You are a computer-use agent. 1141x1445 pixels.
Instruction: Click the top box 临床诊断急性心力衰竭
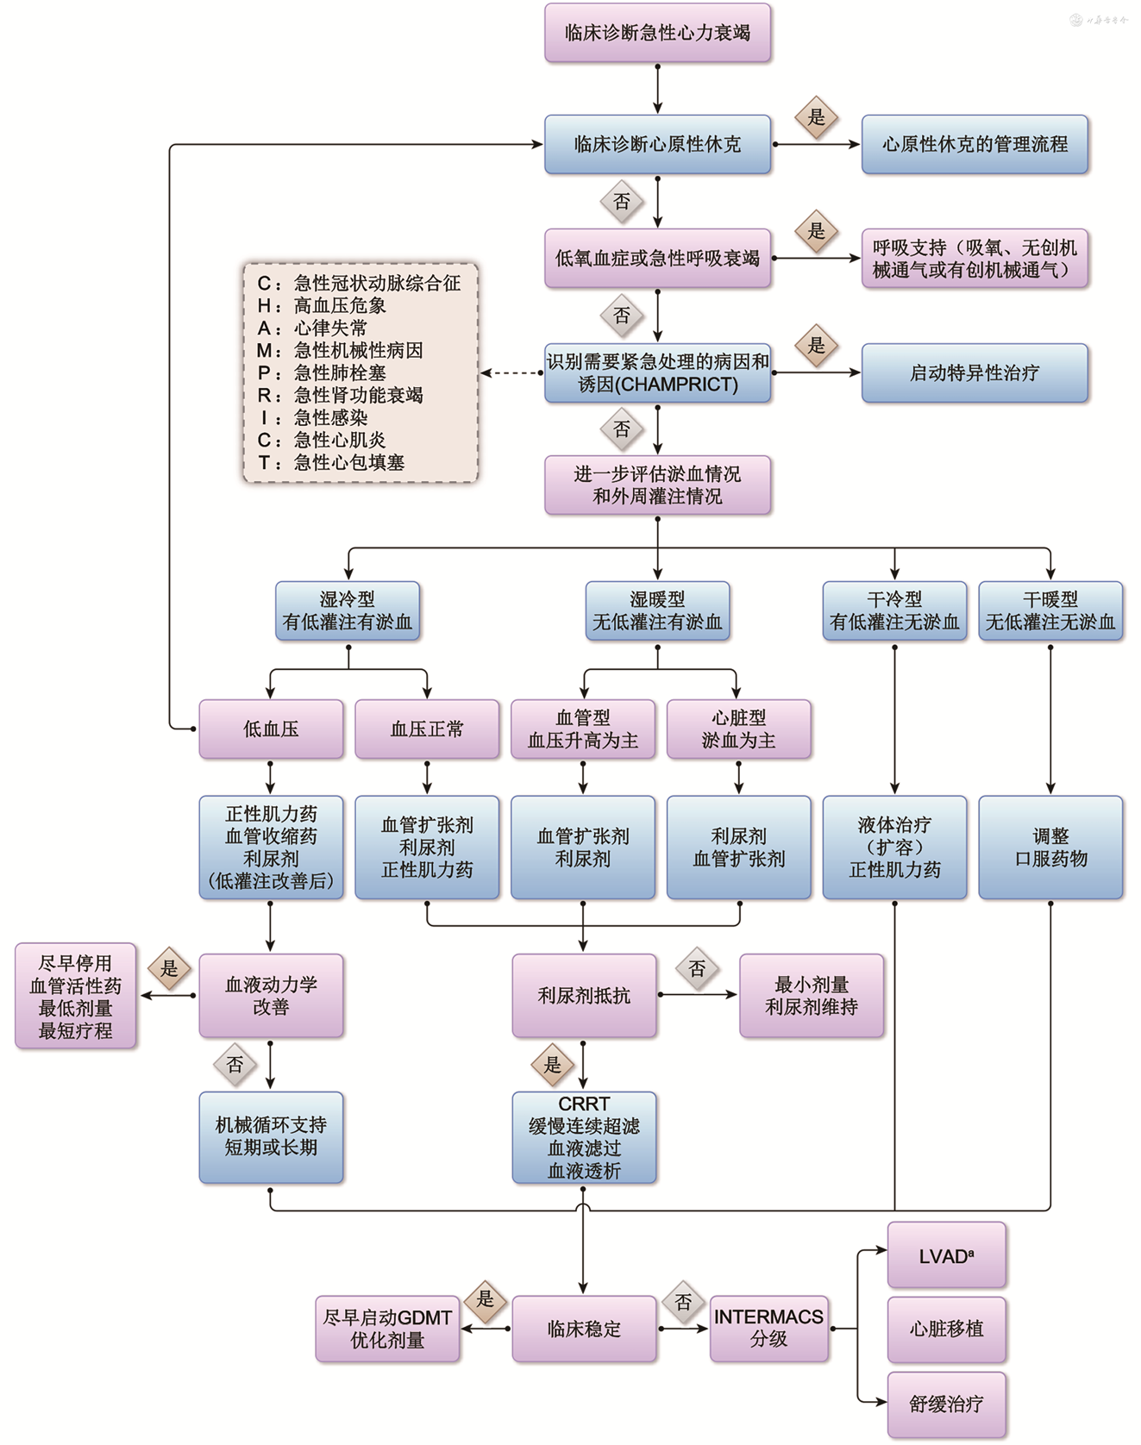point(657,33)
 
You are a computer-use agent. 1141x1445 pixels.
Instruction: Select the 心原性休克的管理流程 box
point(975,144)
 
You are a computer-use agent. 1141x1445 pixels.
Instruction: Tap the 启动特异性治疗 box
point(975,372)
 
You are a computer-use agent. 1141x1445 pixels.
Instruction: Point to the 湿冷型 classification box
point(348,610)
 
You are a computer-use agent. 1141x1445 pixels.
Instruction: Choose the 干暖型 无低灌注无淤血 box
point(1050,610)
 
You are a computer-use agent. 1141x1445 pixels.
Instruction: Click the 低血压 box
point(271,729)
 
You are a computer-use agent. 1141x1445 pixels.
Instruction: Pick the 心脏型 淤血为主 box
point(738,729)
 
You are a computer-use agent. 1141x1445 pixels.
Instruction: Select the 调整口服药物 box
point(1050,847)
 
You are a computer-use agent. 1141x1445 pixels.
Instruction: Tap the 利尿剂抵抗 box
point(584,996)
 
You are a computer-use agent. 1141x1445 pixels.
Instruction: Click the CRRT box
point(584,1137)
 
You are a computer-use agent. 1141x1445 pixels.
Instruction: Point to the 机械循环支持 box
point(271,1137)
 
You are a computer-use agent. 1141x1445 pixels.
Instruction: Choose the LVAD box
point(946,1256)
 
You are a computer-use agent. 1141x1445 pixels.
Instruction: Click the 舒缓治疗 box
point(946,1404)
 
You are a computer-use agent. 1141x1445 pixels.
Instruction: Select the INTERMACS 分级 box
point(768,1329)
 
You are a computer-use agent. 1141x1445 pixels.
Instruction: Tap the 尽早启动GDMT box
point(387,1329)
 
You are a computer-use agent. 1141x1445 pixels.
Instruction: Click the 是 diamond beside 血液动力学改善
point(169,968)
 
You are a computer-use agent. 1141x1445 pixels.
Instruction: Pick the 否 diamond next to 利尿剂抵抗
point(697,968)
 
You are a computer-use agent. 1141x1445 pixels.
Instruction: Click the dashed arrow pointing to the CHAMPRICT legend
point(511,373)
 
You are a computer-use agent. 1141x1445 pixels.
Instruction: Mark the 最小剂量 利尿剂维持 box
point(812,996)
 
